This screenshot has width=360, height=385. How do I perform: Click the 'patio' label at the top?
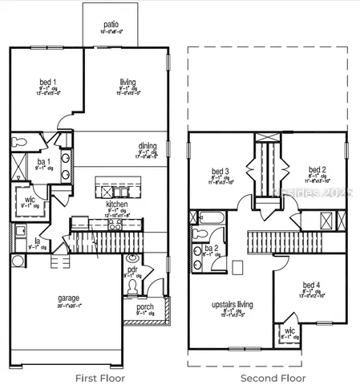click(x=112, y=25)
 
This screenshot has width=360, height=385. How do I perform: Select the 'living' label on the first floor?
click(x=127, y=82)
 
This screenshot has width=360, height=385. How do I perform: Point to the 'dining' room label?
click(x=148, y=146)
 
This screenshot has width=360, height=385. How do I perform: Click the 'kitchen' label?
click(x=117, y=205)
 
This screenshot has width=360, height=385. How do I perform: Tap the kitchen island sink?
click(x=107, y=190)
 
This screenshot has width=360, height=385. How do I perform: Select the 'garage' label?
click(x=68, y=299)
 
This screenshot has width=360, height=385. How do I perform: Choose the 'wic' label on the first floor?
click(x=30, y=199)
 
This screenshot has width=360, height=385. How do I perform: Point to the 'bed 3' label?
click(x=220, y=171)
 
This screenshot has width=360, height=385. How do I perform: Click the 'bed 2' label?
click(x=317, y=170)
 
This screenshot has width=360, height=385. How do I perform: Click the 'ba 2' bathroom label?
click(x=210, y=249)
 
